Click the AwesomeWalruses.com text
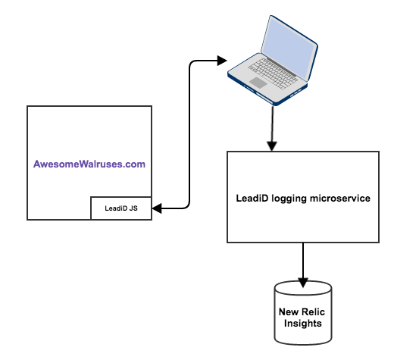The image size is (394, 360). click(89, 164)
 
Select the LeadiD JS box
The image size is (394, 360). click(121, 208)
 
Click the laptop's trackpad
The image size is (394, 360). click(258, 83)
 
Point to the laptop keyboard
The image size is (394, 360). click(273, 74)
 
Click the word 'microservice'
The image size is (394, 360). click(340, 199)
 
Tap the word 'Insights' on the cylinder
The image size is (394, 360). click(303, 324)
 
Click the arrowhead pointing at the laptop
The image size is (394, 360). click(222, 61)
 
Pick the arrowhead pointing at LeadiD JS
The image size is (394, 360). click(157, 208)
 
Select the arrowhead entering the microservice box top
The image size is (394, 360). click(272, 146)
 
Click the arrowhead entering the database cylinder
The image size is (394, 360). click(303, 283)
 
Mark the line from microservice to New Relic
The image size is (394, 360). click(303, 261)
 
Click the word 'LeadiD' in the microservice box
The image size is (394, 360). click(252, 199)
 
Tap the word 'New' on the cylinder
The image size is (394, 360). click(289, 312)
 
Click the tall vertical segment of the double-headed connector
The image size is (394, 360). click(189, 134)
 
